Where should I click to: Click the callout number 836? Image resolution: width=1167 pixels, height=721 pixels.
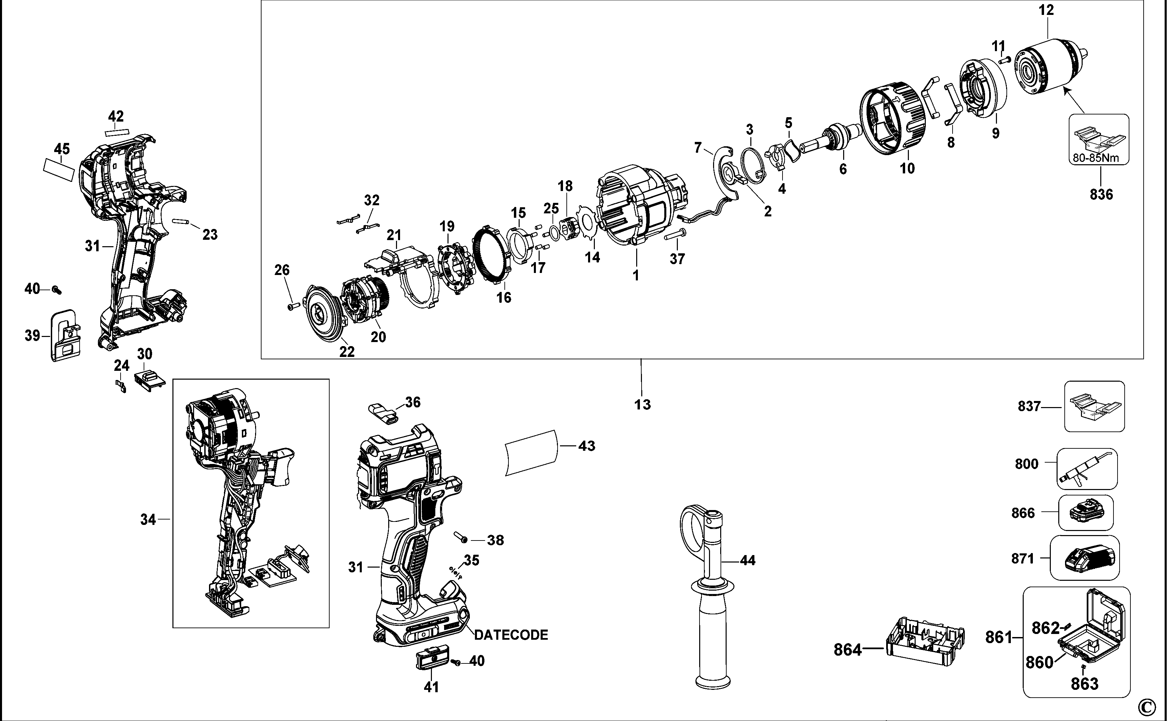tap(1101, 194)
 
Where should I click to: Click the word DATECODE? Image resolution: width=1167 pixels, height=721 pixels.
tap(511, 635)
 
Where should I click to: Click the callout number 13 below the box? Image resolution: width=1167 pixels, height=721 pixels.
tap(642, 404)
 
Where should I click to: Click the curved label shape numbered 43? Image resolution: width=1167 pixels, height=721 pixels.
tap(531, 452)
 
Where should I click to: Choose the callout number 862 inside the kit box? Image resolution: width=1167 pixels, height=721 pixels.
tap(1045, 628)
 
